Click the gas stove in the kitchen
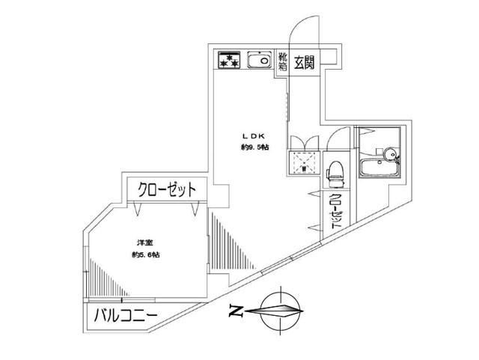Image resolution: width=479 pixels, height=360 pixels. pyautogui.click(x=228, y=60)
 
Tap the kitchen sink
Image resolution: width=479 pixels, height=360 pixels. pyautogui.click(x=260, y=60)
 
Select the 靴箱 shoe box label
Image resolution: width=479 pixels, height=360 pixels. pyautogui.click(x=283, y=61)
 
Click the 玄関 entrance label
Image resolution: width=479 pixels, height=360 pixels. pyautogui.click(x=304, y=62)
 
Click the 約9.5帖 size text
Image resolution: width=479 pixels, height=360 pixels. pyautogui.click(x=254, y=147)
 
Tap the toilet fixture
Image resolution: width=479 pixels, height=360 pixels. pyautogui.click(x=336, y=174)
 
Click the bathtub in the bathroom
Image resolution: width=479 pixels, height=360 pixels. pyautogui.click(x=379, y=168)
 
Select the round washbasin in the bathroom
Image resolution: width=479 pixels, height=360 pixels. pyautogui.click(x=390, y=153)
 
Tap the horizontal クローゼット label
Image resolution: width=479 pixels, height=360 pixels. pyautogui.click(x=166, y=190)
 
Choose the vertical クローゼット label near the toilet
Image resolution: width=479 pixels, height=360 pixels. pyautogui.click(x=336, y=210)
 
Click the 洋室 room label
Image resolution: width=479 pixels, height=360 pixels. pyautogui.click(x=144, y=243)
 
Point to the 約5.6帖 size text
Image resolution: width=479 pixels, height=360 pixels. pyautogui.click(x=145, y=254)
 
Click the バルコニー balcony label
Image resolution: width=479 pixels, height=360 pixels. pyautogui.click(x=126, y=316)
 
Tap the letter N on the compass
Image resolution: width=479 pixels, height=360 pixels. pyautogui.click(x=236, y=311)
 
